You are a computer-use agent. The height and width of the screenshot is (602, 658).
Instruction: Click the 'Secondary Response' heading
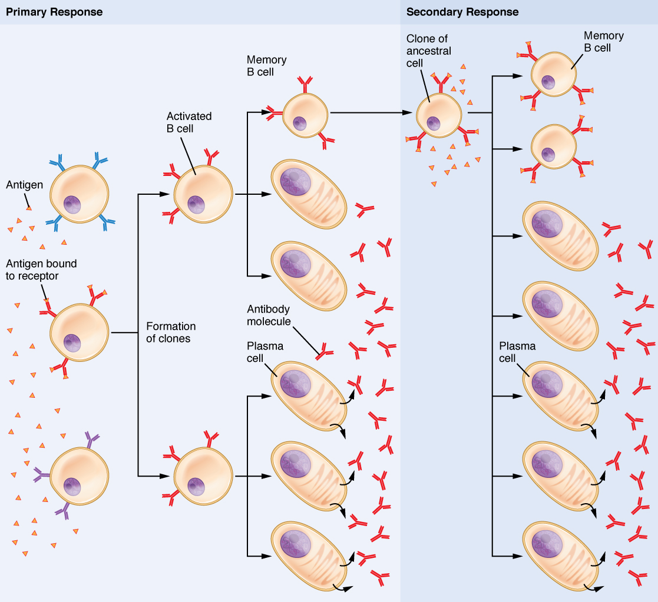click(x=462, y=12)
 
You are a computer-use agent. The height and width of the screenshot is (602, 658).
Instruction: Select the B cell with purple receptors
click(x=80, y=476)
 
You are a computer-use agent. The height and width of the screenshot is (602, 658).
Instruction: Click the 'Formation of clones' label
click(x=171, y=332)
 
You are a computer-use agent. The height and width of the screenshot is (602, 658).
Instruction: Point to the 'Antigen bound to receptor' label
click(x=41, y=270)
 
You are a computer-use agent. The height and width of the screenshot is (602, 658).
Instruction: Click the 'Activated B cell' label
click(x=189, y=122)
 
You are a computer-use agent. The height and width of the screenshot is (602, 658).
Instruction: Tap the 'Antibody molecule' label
click(x=269, y=315)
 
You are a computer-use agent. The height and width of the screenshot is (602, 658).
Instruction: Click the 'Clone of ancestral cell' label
click(x=429, y=51)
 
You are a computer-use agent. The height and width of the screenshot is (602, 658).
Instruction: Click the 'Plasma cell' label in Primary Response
click(x=265, y=352)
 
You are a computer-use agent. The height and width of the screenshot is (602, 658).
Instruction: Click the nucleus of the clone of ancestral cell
click(x=434, y=124)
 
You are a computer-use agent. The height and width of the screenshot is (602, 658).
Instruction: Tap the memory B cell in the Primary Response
click(x=305, y=115)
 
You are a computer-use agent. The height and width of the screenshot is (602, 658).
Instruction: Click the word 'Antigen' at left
click(x=24, y=185)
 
